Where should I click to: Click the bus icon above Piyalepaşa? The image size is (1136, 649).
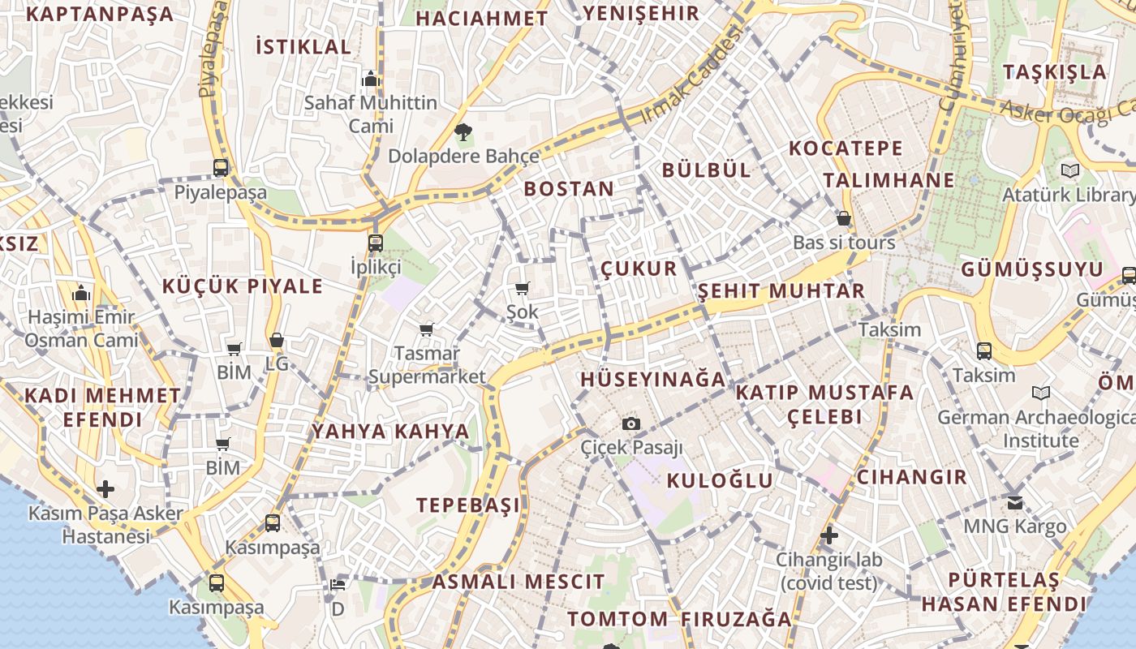coord(221,168)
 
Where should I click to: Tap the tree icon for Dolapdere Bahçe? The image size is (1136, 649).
coord(463,131)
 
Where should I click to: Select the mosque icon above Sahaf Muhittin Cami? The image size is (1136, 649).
coord(371,79)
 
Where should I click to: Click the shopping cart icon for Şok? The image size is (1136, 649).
coord(523,289)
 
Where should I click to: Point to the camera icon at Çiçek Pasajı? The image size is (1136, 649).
coord(631,423)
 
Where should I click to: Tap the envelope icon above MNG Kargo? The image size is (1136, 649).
coord(1015,502)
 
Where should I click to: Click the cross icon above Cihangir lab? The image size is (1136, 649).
coord(828,535)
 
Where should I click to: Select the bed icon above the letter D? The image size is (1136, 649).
coord(338,585)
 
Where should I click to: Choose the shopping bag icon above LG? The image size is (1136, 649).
coord(277,340)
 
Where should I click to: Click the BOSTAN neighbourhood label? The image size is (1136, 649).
coord(569,189)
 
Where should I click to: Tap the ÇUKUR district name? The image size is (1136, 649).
coord(639,269)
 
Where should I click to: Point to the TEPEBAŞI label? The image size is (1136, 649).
coord(468,505)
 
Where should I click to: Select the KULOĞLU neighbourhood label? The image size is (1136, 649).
coord(720,480)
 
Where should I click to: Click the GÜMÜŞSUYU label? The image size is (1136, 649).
coord(1032,269)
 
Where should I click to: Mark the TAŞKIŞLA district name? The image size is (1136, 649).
coord(1055,71)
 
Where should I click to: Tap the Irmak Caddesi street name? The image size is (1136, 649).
coord(692,75)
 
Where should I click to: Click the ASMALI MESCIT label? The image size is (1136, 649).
coord(518,582)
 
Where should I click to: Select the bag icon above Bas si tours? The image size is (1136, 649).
coord(844,218)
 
